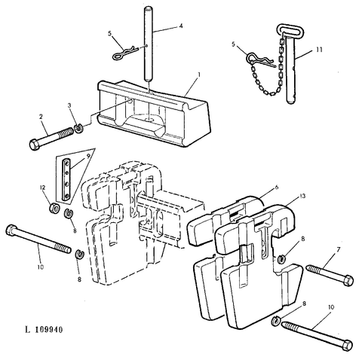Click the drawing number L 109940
click(44, 329)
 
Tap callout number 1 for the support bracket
click(199, 75)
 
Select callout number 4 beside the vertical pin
click(181, 26)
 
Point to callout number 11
click(319, 50)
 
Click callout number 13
click(302, 196)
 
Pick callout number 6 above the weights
click(277, 188)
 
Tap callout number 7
click(338, 249)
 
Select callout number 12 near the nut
click(43, 188)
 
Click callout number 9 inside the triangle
click(88, 156)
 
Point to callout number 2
click(41, 117)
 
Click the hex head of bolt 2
click(34, 145)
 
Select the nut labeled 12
click(54, 208)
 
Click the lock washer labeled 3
click(79, 129)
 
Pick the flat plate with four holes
click(66, 180)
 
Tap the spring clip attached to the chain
click(259, 59)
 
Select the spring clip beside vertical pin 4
click(124, 52)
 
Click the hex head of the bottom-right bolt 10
click(347, 345)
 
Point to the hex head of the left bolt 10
click(11, 230)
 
